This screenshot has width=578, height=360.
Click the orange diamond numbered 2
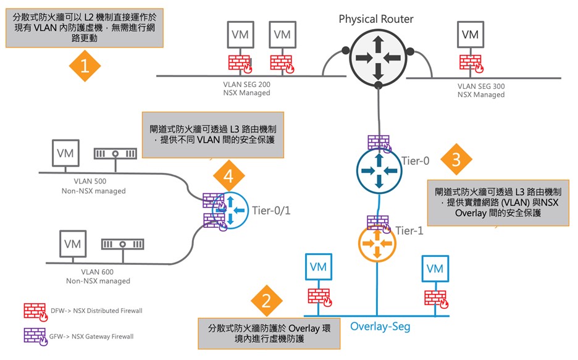(x=267, y=301)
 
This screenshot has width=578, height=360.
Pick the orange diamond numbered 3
(x=456, y=160)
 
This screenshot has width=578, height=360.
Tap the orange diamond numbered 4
(x=228, y=176)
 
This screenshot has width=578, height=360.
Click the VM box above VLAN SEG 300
(x=470, y=35)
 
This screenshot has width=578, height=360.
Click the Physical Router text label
(x=377, y=19)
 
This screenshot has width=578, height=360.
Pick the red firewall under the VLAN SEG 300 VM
(x=471, y=63)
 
